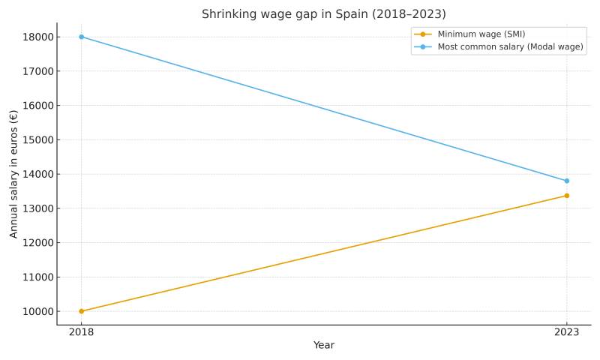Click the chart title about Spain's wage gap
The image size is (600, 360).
(x=323, y=14)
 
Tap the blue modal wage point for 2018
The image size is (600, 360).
(x=82, y=37)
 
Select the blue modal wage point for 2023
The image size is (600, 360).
(x=566, y=181)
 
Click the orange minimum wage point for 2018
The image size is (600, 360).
(x=82, y=311)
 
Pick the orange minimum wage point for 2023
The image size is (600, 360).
(x=566, y=196)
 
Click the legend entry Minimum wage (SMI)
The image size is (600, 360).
(x=481, y=34)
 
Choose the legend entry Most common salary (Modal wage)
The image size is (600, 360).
(x=510, y=46)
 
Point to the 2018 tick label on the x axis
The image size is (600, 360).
(x=82, y=332)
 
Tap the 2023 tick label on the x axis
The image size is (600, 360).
(x=566, y=332)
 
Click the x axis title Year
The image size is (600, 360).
(x=323, y=346)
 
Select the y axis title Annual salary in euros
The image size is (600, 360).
(x=14, y=174)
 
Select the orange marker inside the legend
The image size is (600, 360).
(x=423, y=34)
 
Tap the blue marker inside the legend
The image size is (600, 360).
(x=423, y=46)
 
